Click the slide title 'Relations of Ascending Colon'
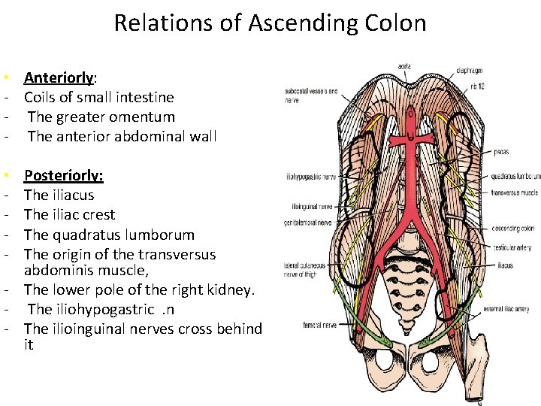coord(270,23)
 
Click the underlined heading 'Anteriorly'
coord(59,77)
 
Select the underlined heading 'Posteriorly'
coord(64,175)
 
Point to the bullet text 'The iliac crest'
coord(70,214)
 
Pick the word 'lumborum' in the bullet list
coord(153,234)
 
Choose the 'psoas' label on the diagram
coord(500,151)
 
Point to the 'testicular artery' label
coord(513,247)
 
